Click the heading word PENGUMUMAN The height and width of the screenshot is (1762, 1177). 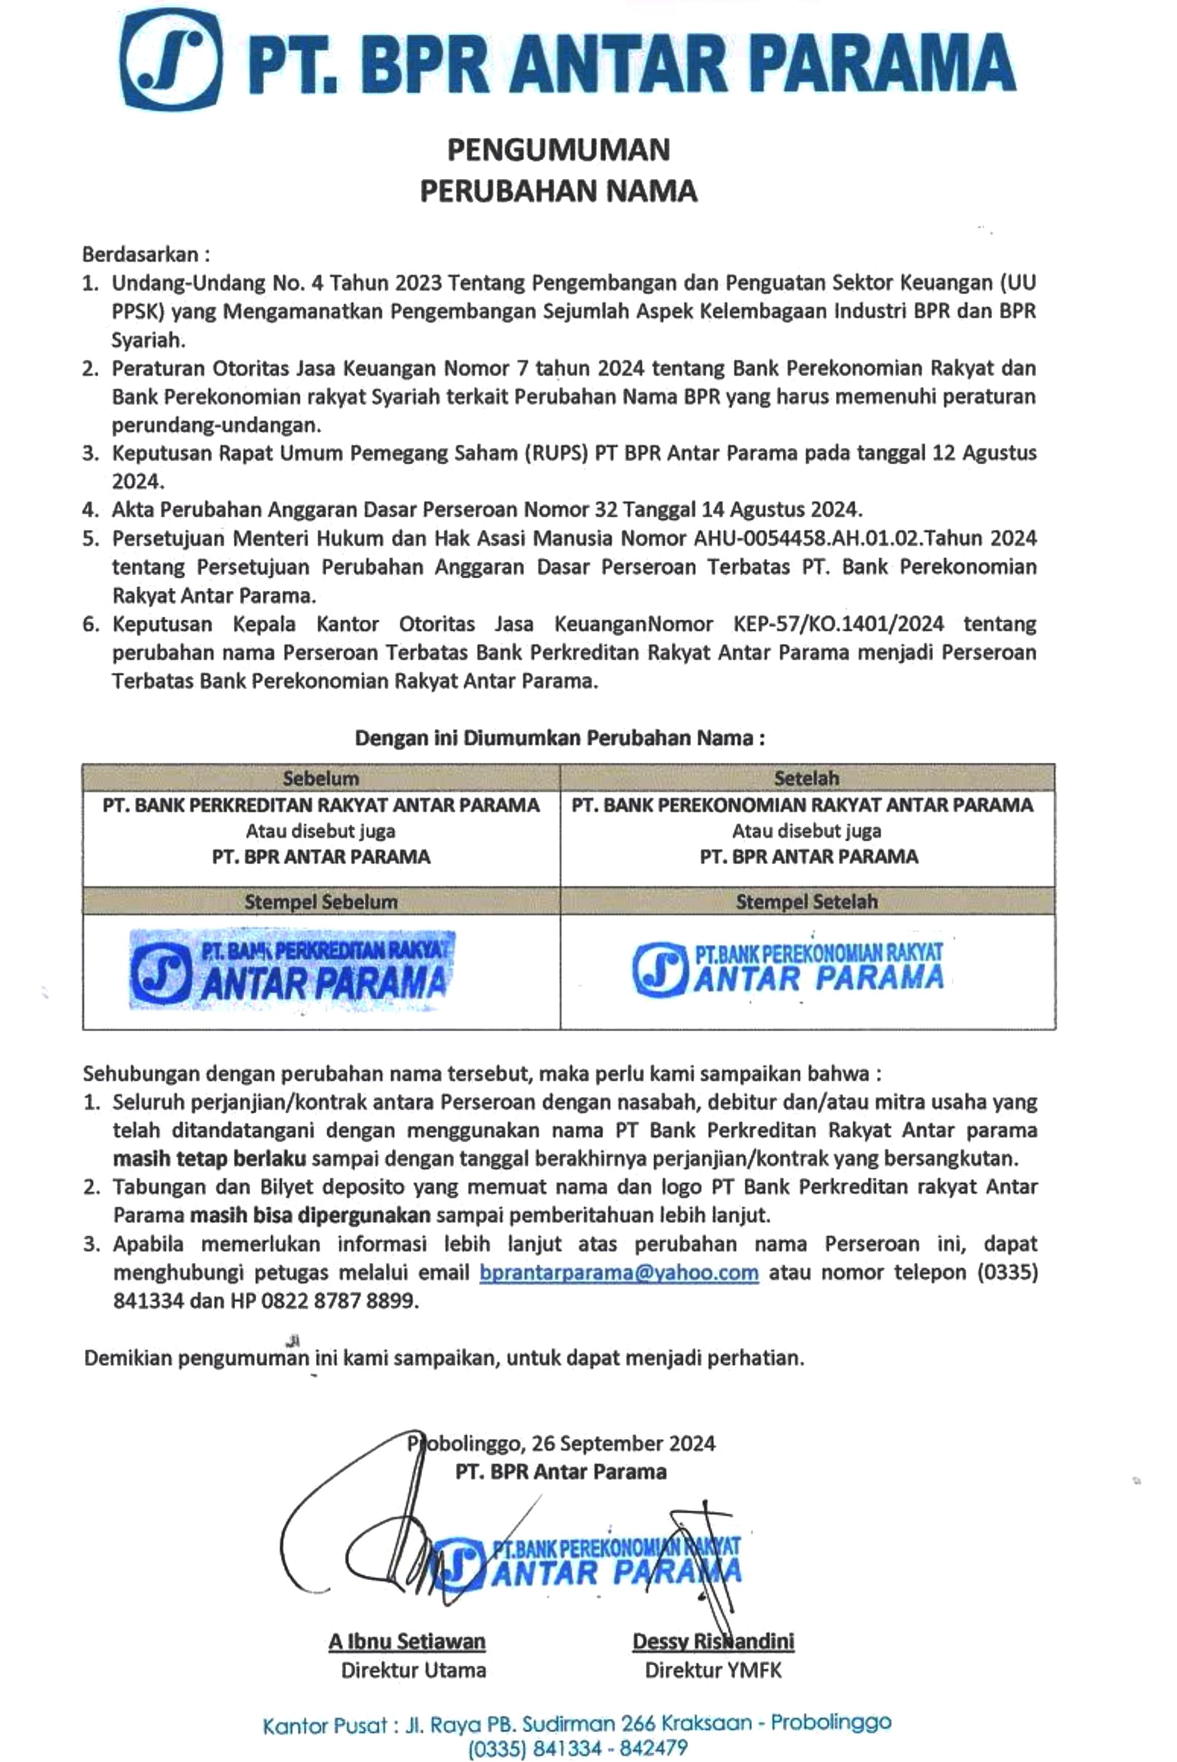click(559, 150)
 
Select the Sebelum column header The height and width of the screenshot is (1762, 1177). click(321, 778)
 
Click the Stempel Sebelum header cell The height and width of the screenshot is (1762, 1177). click(321, 901)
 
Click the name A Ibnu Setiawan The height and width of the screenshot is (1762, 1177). click(407, 1642)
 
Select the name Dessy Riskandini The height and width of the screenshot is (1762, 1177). click(713, 1642)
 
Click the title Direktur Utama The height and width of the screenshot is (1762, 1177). click(413, 1670)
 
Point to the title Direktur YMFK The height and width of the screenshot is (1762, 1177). click(713, 1670)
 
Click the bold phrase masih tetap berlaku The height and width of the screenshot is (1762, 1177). click(210, 1158)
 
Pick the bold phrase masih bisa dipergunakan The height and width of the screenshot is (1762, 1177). click(310, 1216)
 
